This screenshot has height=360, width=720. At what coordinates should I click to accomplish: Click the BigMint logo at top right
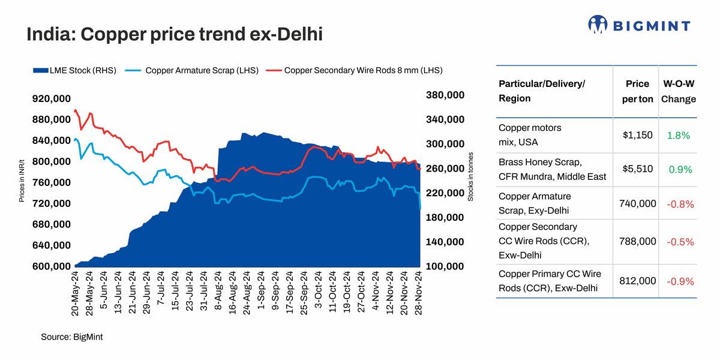click(639, 25)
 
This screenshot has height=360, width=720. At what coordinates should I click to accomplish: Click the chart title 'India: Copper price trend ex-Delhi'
click(174, 34)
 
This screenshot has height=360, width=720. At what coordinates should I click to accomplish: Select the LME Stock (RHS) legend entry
click(74, 70)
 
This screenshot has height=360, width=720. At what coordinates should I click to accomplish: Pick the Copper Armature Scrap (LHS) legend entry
click(192, 70)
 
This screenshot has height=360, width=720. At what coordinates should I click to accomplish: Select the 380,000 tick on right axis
click(445, 95)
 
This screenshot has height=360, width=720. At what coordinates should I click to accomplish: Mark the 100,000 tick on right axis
click(445, 266)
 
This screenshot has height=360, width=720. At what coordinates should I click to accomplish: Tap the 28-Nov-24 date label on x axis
click(421, 293)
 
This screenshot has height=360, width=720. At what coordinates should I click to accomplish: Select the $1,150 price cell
click(637, 135)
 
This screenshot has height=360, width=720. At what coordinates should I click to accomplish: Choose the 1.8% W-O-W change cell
click(678, 136)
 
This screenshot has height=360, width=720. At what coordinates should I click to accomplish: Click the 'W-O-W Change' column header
click(678, 91)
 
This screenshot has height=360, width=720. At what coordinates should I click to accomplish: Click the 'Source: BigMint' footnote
click(72, 337)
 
